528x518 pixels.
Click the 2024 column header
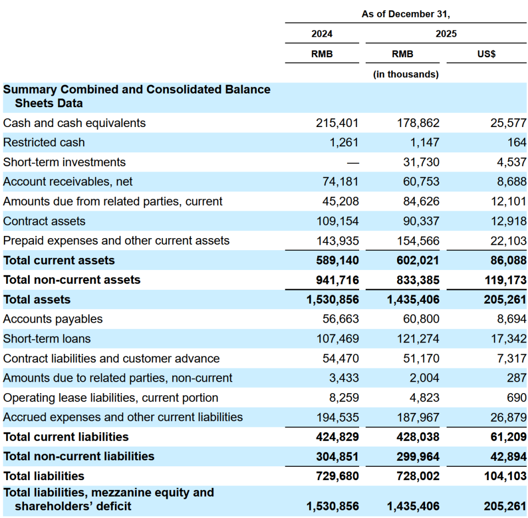(x=322, y=34)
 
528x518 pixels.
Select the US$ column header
(x=486, y=54)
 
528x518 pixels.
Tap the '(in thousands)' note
(x=406, y=74)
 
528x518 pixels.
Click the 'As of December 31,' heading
(x=406, y=14)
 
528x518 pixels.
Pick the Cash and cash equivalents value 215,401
(x=337, y=123)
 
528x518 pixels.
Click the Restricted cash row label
(x=44, y=142)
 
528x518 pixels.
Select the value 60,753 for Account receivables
(x=421, y=182)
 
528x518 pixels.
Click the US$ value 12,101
(x=508, y=201)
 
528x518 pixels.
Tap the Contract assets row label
(x=44, y=221)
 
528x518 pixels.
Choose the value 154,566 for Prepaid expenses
(x=418, y=241)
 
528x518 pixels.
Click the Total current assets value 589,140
(x=337, y=261)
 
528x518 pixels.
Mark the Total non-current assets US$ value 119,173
(x=505, y=280)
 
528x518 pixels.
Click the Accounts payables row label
(x=53, y=319)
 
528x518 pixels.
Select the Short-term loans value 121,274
(x=418, y=339)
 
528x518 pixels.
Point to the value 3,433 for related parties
(x=344, y=378)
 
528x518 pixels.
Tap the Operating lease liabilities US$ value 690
(x=516, y=398)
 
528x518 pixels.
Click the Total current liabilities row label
(x=66, y=437)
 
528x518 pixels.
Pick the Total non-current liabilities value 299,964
(x=418, y=457)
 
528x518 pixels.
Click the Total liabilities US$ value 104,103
(x=505, y=476)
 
